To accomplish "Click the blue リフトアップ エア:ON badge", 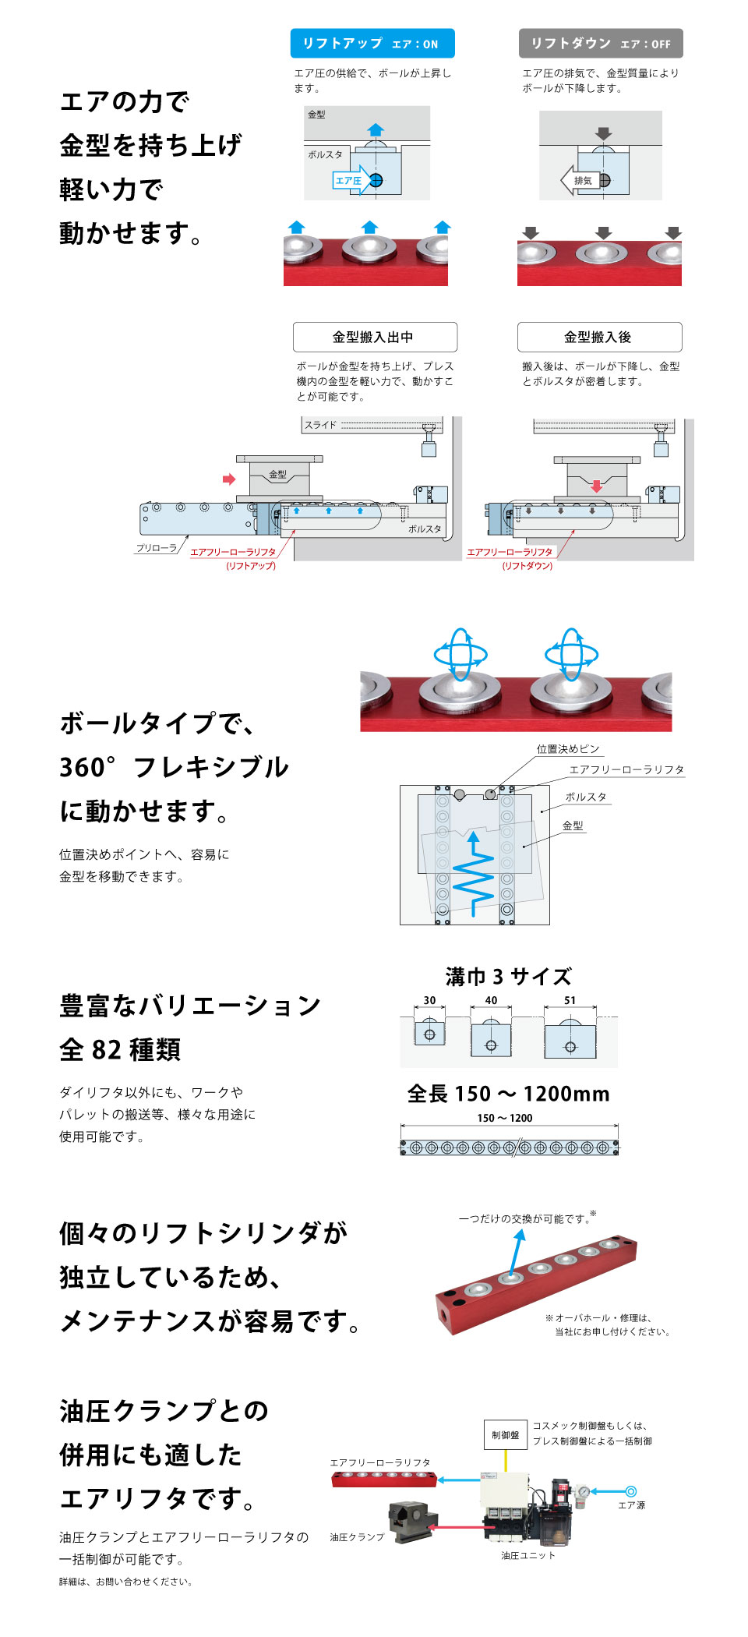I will [x=372, y=44].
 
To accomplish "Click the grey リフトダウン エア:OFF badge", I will [x=601, y=44].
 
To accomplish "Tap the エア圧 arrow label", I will [x=348, y=181].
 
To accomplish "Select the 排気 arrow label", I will [x=582, y=181].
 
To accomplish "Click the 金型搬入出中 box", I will [x=375, y=337].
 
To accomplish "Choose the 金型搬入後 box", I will [x=599, y=337].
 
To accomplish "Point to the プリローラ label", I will [x=157, y=548].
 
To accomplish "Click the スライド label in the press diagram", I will [x=320, y=425].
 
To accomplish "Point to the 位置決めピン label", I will [x=568, y=749].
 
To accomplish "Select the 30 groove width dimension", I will [x=429, y=1000].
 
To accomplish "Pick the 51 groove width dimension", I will [x=570, y=1000].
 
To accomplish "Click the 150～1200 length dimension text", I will [x=505, y=1118].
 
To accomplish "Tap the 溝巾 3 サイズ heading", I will [x=508, y=977].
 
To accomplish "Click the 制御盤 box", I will [x=505, y=1434].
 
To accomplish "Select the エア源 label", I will [x=631, y=1505].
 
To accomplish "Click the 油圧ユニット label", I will [x=528, y=1555].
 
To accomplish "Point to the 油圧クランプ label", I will [x=357, y=1537].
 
